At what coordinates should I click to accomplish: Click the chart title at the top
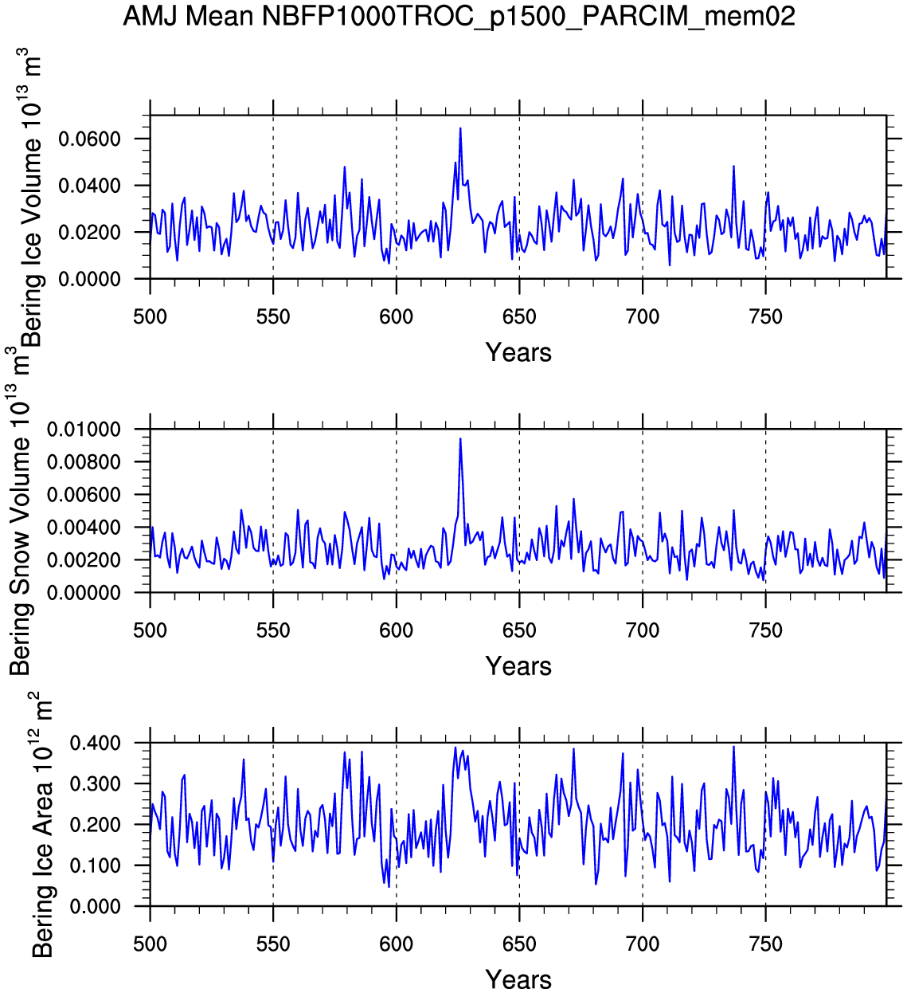click(x=459, y=16)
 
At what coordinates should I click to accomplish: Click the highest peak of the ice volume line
click(x=460, y=128)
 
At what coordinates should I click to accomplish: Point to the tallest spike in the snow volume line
click(x=460, y=438)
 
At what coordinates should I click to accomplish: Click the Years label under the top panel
click(x=518, y=352)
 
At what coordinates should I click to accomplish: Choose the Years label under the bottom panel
click(x=518, y=979)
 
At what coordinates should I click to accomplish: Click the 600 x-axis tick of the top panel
click(x=396, y=317)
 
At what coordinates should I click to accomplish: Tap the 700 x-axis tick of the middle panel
click(x=643, y=630)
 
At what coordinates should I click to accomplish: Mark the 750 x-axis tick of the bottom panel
click(x=766, y=944)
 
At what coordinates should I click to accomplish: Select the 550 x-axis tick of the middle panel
click(x=273, y=630)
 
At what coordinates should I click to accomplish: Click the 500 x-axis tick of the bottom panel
click(x=150, y=944)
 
